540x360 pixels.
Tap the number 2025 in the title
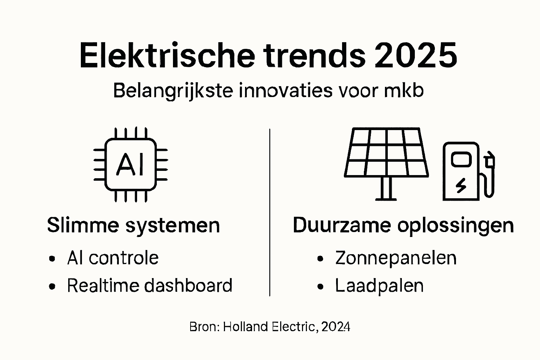coord(416,56)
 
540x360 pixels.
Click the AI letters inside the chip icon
coord(130,165)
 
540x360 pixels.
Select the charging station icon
coord(461,171)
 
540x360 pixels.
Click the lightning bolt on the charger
coord(461,185)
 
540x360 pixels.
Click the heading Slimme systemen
coord(133,225)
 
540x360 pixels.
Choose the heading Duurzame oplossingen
coord(403,225)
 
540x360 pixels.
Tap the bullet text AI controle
coord(113,258)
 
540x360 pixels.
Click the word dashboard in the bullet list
coord(188,285)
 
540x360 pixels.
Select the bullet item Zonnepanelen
coord(396,258)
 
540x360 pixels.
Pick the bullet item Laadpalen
coord(379,285)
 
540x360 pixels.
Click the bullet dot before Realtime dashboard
coord(52,287)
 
